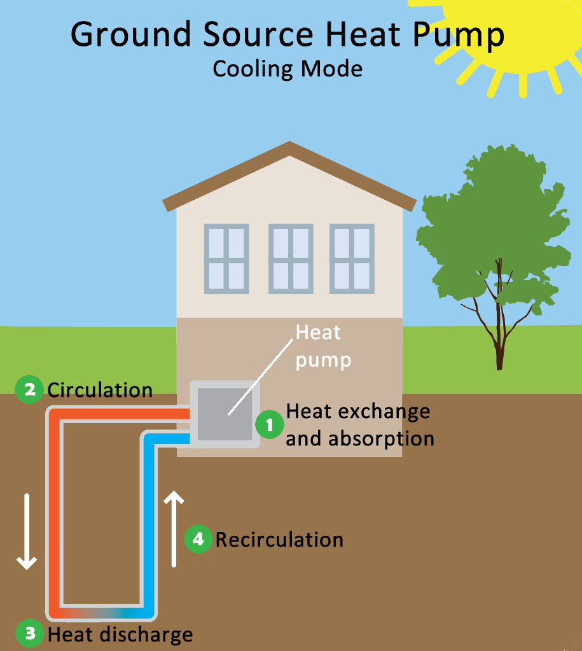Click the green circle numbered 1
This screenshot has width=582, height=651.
click(x=270, y=424)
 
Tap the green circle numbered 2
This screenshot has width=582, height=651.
click(x=29, y=389)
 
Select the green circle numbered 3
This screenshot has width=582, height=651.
click(x=29, y=634)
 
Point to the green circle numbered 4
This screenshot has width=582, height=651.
click(x=198, y=540)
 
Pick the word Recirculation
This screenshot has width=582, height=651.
click(x=279, y=540)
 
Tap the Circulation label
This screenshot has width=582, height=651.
click(x=100, y=389)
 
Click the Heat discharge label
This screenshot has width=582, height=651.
click(x=120, y=634)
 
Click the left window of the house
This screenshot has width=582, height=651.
click(x=226, y=258)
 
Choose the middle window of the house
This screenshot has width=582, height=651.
click(x=291, y=258)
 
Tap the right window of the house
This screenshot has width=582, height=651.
click(x=352, y=258)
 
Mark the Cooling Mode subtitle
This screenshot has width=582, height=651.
click(x=288, y=68)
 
